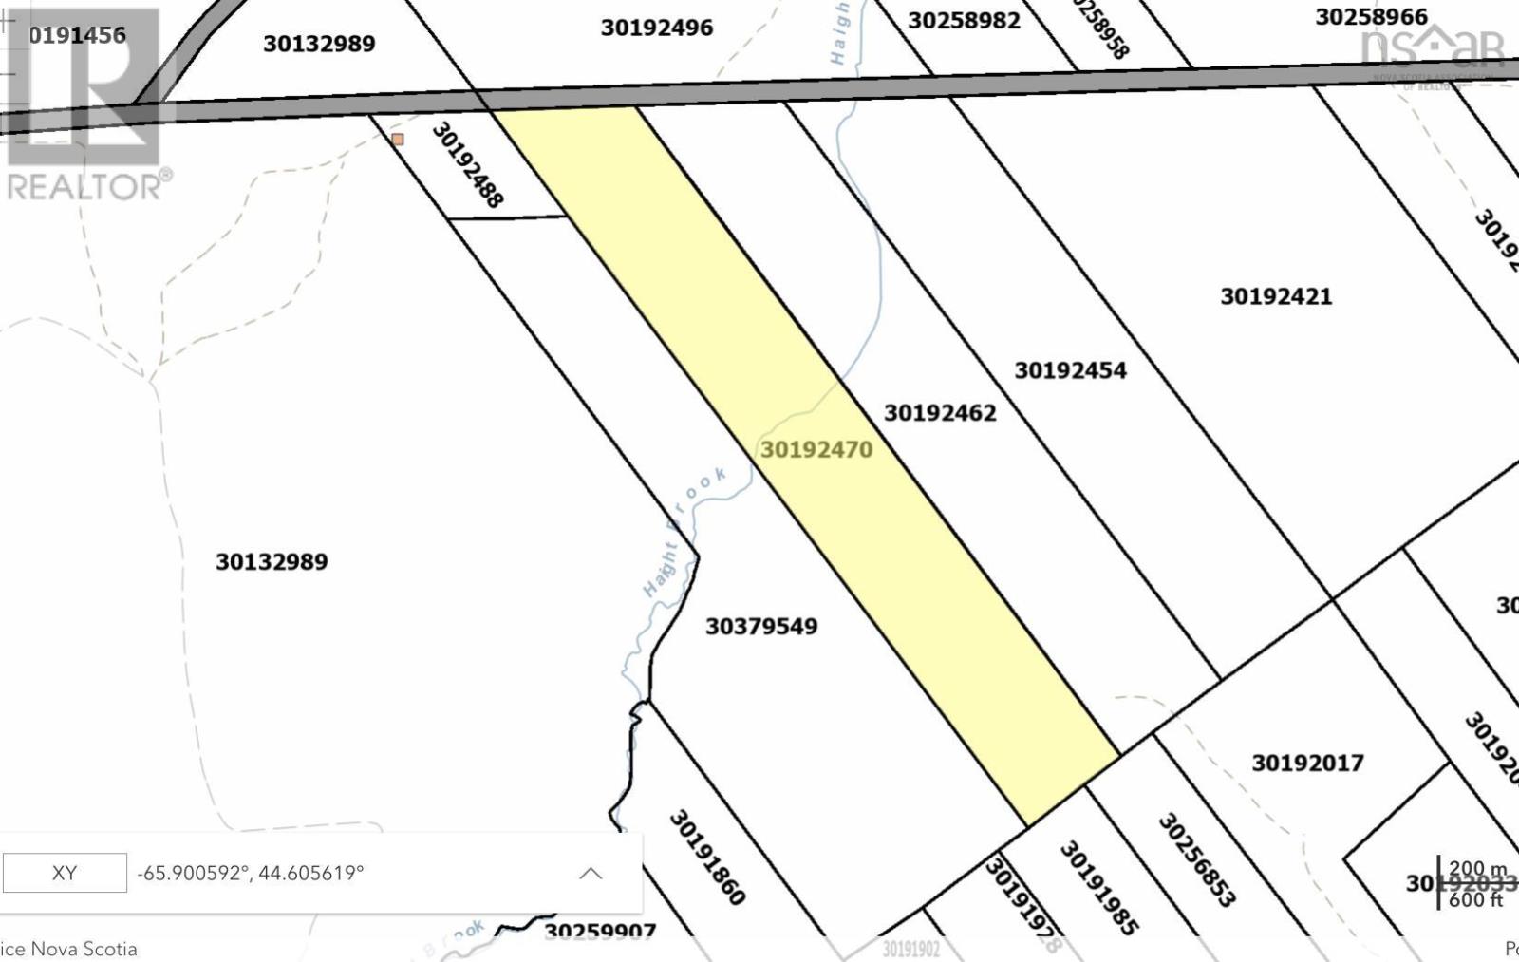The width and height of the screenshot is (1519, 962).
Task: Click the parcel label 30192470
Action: pyautogui.click(x=816, y=449)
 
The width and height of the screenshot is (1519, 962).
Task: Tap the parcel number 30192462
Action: pyautogui.click(x=940, y=413)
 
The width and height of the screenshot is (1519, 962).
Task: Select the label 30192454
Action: pyautogui.click(x=1070, y=370)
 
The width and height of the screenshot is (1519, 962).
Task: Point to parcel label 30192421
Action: pyautogui.click(x=1276, y=296)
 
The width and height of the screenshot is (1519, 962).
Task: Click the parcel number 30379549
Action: pyautogui.click(x=761, y=627)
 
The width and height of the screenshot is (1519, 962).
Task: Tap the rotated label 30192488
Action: pyautogui.click(x=467, y=164)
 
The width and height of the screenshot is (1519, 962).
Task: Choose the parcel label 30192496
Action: pyautogui.click(x=656, y=28)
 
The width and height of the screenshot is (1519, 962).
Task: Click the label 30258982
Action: pyautogui.click(x=964, y=21)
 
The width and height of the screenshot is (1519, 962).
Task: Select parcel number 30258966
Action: pyautogui.click(x=1371, y=17)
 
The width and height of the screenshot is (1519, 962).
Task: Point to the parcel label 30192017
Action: pyautogui.click(x=1307, y=764)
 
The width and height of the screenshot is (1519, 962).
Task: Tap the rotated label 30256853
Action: pyautogui.click(x=1196, y=859)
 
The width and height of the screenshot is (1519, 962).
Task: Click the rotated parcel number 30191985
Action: pyautogui.click(x=1098, y=887)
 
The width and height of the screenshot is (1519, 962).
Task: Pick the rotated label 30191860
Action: pyautogui.click(x=707, y=857)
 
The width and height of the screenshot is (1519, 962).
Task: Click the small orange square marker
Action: pyautogui.click(x=398, y=140)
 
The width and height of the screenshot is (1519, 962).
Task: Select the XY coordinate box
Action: pyautogui.click(x=65, y=873)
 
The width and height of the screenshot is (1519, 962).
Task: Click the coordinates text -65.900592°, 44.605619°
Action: pyautogui.click(x=251, y=873)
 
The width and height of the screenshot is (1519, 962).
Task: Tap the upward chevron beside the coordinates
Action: pyautogui.click(x=591, y=873)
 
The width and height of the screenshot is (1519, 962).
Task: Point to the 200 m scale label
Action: pyautogui.click(x=1477, y=869)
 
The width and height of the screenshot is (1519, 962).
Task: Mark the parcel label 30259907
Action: pyautogui.click(x=600, y=932)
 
